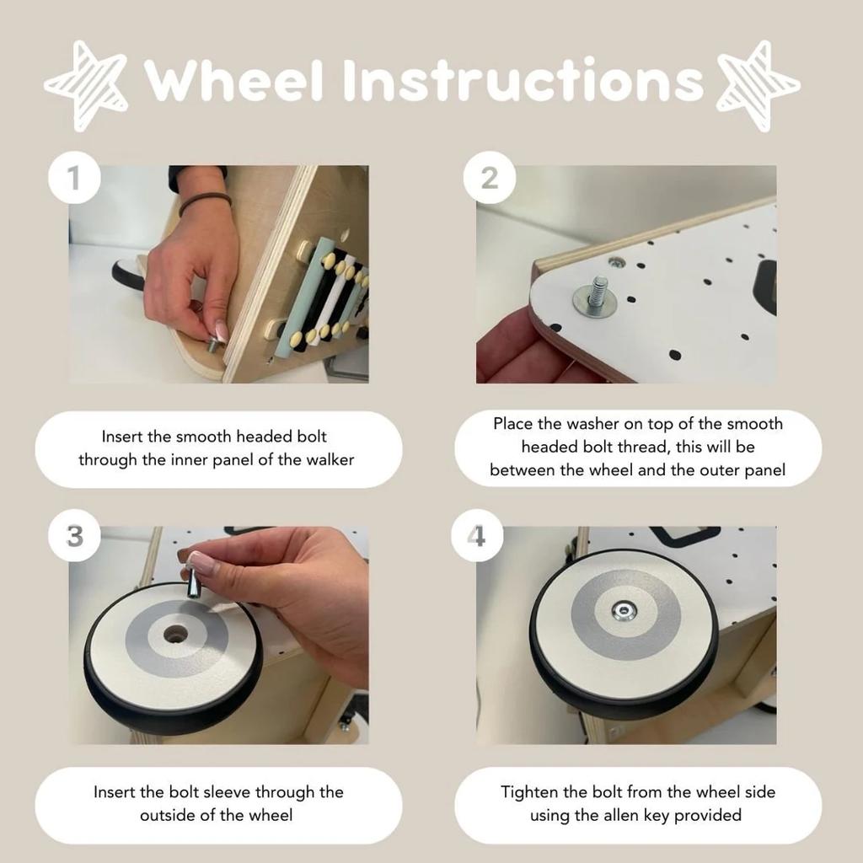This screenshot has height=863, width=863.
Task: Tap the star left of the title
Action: pos(87,85)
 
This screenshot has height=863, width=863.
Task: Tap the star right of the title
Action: pos(759,85)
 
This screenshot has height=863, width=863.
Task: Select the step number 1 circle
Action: pos(74,178)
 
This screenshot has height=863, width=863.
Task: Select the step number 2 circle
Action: pos(490,178)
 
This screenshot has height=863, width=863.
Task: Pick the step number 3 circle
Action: pos(74,535)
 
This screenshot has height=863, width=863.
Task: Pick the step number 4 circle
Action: pos(477,535)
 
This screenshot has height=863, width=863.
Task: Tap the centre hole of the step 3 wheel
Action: pos(175,635)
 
